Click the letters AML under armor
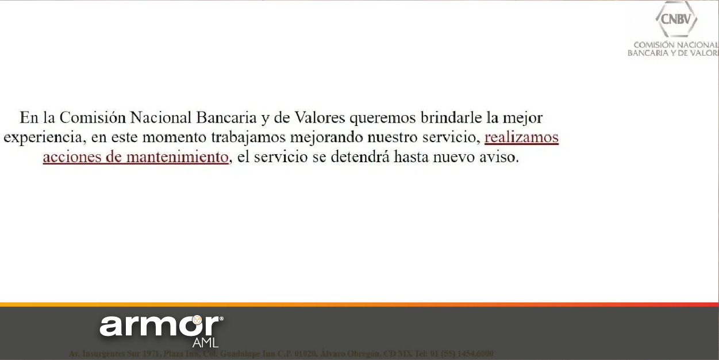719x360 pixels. click(205, 343)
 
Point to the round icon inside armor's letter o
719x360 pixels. click(197, 320)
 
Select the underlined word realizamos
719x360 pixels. click(521, 138)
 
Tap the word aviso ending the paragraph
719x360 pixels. click(499, 157)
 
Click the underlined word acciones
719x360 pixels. click(71, 157)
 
